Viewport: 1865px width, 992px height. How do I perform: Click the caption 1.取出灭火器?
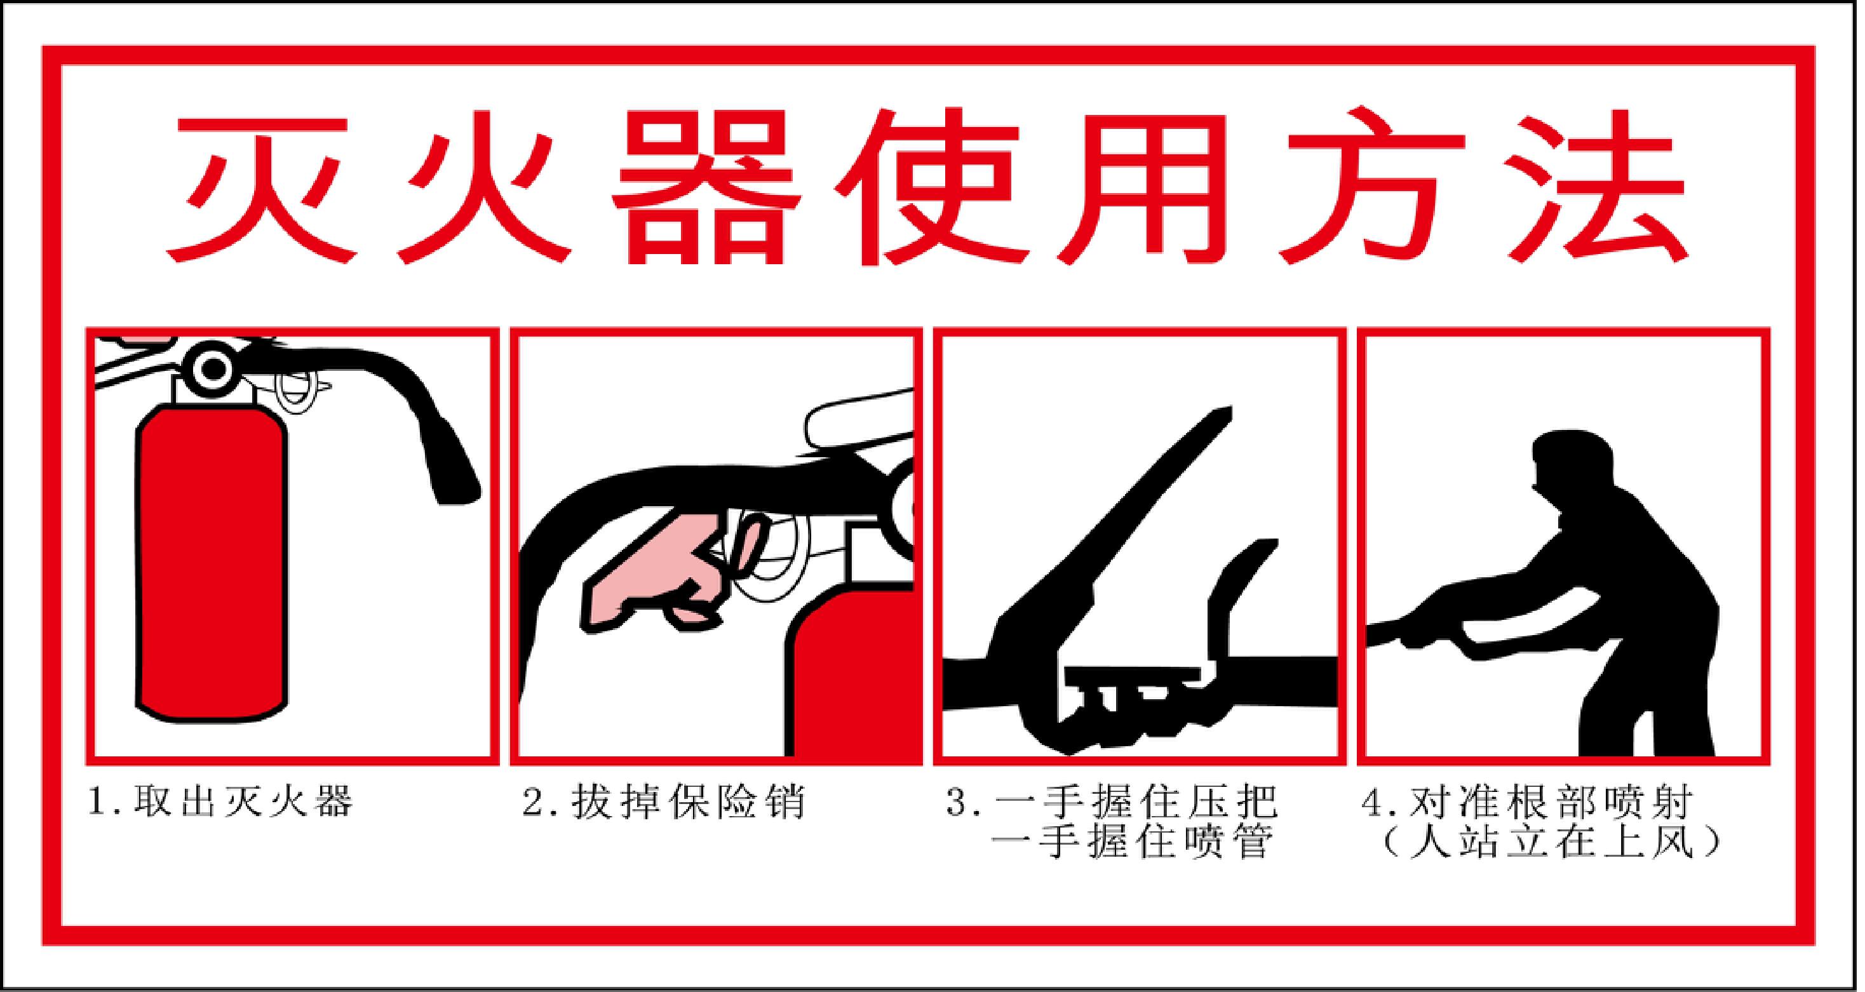(220, 801)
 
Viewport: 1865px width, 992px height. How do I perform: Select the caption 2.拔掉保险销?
(663, 801)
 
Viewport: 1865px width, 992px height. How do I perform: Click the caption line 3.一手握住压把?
(1112, 801)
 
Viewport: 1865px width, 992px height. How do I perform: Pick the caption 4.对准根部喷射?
(1528, 801)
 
